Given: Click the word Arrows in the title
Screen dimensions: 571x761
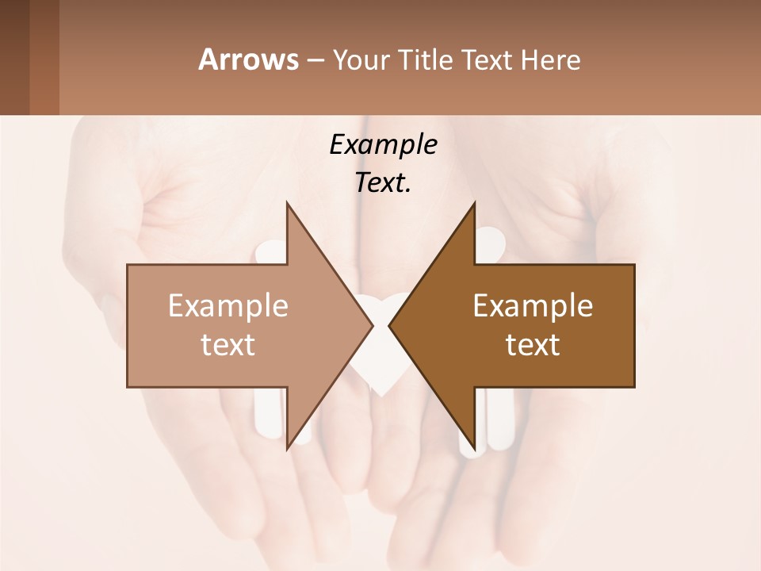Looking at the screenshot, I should pyautogui.click(x=247, y=59).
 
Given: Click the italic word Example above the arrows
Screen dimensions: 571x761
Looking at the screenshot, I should pyautogui.click(x=383, y=145).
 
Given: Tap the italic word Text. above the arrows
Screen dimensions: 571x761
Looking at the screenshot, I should pyautogui.click(x=383, y=183).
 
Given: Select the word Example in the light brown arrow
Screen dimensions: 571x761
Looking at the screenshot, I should pyautogui.click(x=228, y=306).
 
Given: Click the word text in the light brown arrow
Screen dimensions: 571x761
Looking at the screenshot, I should pyautogui.click(x=228, y=345).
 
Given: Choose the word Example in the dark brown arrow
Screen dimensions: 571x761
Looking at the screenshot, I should pyautogui.click(x=533, y=306).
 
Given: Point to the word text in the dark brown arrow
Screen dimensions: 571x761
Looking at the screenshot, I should pyautogui.click(x=533, y=345).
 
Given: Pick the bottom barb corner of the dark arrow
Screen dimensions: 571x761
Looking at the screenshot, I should pyautogui.click(x=474, y=445).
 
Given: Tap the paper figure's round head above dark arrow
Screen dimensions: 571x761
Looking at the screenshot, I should pyautogui.click(x=489, y=240).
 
